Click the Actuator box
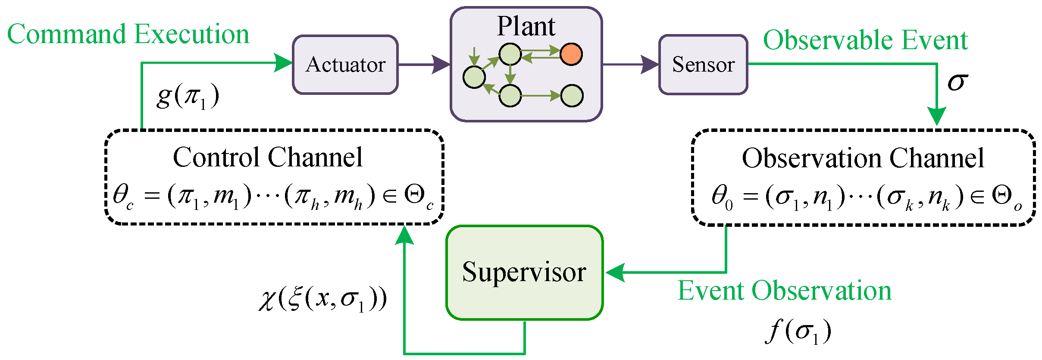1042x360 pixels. click(x=345, y=65)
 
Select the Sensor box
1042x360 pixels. click(x=703, y=65)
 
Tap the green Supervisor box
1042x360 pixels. click(x=524, y=272)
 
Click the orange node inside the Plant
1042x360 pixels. click(x=571, y=54)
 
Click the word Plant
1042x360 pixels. click(x=526, y=27)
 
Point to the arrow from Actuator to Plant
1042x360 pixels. click(x=424, y=65)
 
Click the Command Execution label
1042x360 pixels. click(x=128, y=34)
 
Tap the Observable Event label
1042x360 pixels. click(x=865, y=40)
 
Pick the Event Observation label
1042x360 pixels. click(x=785, y=291)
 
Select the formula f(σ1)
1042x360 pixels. click(x=799, y=331)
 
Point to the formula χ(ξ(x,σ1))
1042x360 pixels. click(x=323, y=299)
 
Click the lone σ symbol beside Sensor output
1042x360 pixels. click(x=958, y=81)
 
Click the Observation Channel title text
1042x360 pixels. click(x=863, y=158)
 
